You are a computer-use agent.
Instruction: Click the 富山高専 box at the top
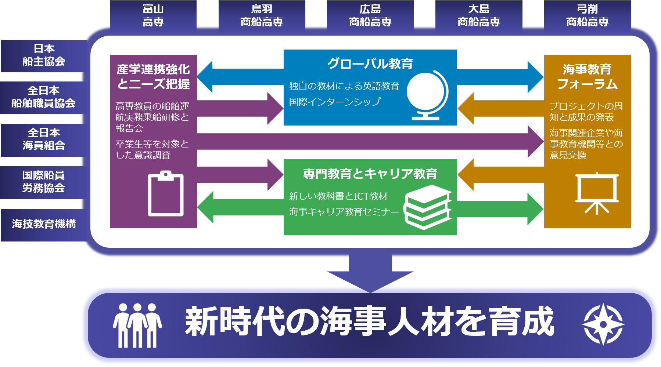[x=153, y=16]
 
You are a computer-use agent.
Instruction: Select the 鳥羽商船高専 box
[x=262, y=16]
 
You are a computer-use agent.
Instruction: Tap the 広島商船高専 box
[x=370, y=16]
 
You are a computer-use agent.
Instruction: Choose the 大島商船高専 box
[x=479, y=16]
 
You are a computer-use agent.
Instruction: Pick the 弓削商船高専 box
[x=587, y=16]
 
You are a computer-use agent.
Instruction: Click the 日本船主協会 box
[x=44, y=56]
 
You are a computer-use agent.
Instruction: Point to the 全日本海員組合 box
[x=44, y=140]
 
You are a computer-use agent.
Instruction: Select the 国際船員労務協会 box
[x=44, y=182]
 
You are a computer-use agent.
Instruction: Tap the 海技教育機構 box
[x=44, y=225]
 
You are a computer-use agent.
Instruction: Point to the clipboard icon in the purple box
[x=165, y=193]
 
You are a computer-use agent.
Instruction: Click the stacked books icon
[x=428, y=207]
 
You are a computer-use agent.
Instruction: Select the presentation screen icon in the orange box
[x=597, y=193]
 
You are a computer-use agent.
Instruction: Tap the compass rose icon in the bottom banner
[x=603, y=324]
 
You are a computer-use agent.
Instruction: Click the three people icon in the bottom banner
[x=137, y=326]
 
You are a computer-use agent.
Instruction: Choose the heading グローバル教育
[x=370, y=64]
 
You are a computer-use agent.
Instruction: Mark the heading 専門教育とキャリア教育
[x=370, y=174]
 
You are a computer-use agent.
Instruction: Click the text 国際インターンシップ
[x=335, y=102]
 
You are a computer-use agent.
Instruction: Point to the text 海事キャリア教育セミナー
[x=344, y=212]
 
